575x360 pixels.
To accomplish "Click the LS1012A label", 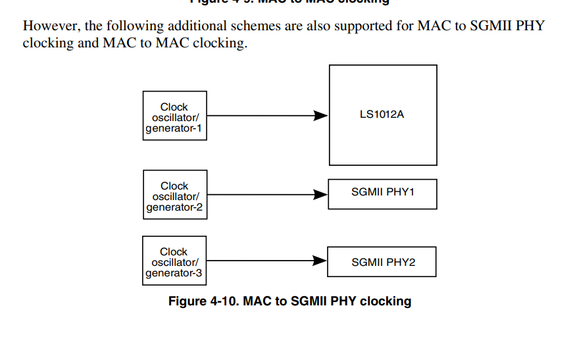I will pos(382,115).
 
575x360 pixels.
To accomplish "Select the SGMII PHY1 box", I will pos(382,193).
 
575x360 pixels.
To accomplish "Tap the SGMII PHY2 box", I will pos(382,262).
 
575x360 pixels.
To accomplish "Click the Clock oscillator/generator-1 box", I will pos(174,116).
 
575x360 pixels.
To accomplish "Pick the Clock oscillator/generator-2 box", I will pos(174,195).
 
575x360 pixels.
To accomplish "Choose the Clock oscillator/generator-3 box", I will pos(174,261).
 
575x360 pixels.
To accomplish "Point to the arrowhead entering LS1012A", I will pos(321,116).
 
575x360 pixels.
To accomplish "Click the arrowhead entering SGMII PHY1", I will pos(321,194).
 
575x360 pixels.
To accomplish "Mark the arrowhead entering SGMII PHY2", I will pos(320,261).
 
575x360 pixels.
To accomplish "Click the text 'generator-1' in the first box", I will pos(174,128).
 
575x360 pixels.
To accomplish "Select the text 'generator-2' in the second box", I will pos(174,207).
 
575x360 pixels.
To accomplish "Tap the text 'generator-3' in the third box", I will pos(174,273).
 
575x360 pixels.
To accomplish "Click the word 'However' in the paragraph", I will pos(50,26).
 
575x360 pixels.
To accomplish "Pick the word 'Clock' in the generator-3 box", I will pos(174,251).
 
